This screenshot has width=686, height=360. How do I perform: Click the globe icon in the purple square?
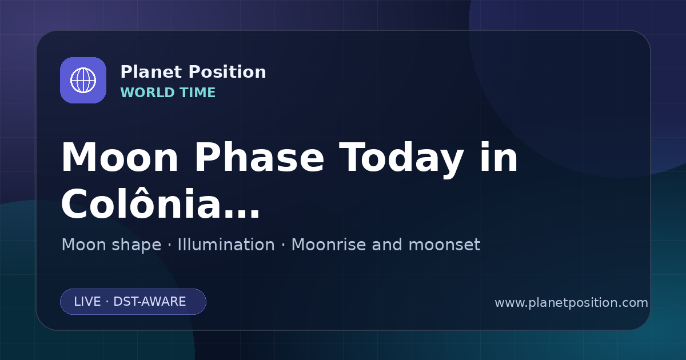[x=83, y=80]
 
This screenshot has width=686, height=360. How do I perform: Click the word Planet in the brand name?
[x=151, y=72]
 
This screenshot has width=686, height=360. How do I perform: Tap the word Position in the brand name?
[x=228, y=72]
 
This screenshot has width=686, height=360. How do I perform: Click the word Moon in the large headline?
[x=119, y=158]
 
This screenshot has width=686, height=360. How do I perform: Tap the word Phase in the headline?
[x=259, y=158]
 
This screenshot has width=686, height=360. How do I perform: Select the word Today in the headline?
[x=401, y=159]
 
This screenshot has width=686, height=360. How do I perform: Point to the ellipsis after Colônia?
[x=242, y=214]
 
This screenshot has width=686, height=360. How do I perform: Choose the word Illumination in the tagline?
[x=226, y=245]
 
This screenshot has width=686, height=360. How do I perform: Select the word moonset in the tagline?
[x=444, y=245]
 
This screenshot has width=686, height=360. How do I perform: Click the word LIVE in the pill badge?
[x=87, y=302]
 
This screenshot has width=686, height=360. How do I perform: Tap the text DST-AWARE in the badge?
[x=150, y=302]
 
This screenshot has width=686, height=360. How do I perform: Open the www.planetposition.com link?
[x=572, y=303]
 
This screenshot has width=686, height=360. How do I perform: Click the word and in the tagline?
[x=387, y=245]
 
